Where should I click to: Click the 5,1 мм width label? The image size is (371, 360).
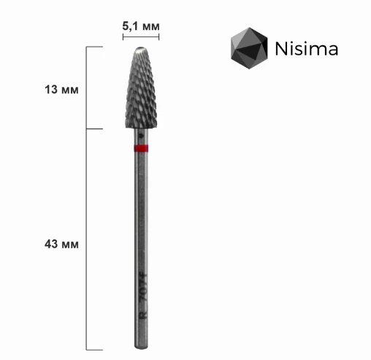141,25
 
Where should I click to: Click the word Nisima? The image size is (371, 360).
306,49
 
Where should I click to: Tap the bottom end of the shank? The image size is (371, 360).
142,345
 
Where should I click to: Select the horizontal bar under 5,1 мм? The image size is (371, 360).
141,34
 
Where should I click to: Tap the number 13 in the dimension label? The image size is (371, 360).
51,90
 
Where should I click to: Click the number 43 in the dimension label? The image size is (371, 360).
51,243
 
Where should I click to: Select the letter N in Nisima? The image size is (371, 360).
280,49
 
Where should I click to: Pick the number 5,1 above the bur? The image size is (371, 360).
131,25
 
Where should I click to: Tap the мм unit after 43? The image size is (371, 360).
70,243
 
